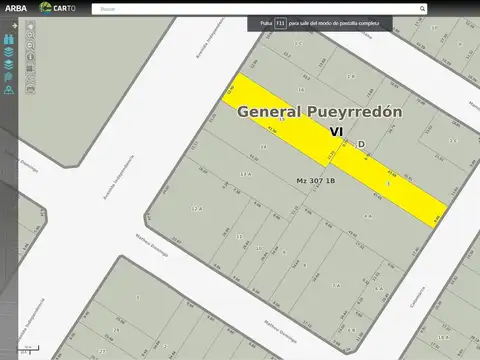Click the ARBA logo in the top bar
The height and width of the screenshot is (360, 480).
[15, 8]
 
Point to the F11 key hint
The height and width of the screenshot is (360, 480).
[280, 22]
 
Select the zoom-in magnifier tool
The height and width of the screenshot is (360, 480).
[31, 35]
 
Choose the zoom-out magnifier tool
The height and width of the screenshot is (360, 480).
[31, 46]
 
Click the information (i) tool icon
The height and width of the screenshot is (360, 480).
[31, 57]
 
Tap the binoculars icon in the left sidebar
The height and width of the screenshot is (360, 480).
[8, 39]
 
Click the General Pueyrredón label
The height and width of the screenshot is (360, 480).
[319, 113]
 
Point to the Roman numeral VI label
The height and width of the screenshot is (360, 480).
[336, 131]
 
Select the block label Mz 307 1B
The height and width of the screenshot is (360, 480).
[316, 181]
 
